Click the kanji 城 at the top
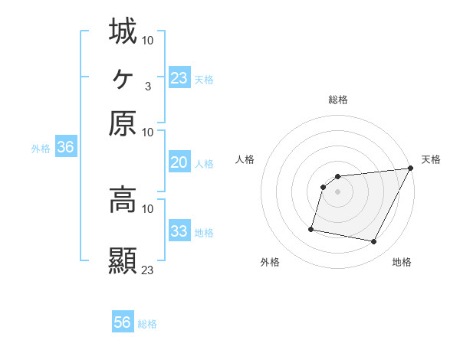pos(123,31)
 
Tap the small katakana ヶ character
pos(123,77)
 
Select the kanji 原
pos(123,123)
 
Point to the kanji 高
pos(123,200)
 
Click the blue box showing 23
pos(179,78)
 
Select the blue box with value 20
pos(179,162)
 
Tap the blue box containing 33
pos(179,231)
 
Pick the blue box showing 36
pos(65,148)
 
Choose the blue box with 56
pos(123,322)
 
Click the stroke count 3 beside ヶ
pos(147,86)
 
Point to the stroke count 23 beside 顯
pos(148,270)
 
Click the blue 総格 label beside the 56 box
pos(147,324)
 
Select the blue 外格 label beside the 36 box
pos(41,149)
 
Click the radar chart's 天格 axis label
pos(431,159)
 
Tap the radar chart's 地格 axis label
pos(402,262)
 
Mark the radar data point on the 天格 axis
pos(411,169)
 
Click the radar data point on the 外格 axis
pos(311,229)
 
